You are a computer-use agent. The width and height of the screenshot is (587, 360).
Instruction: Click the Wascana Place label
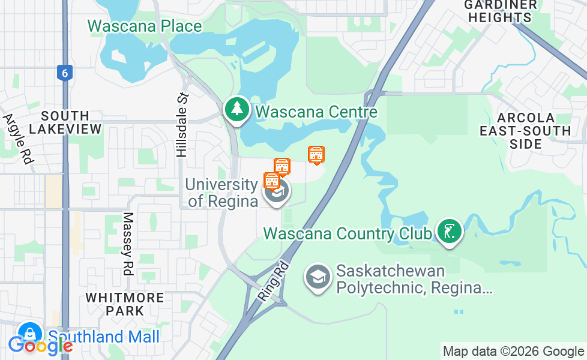(145, 26)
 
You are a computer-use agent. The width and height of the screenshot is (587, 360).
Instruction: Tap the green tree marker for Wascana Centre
(238, 109)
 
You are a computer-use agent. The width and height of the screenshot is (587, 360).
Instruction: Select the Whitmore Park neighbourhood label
(124, 304)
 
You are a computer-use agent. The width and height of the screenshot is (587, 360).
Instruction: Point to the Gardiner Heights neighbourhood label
(500, 11)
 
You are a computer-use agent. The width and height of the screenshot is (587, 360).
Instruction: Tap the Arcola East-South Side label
(517, 130)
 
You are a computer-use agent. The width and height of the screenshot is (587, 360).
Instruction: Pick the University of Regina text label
(222, 193)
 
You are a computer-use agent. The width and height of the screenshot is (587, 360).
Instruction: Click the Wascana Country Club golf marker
(449, 231)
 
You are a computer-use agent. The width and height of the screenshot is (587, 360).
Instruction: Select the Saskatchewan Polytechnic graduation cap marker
(316, 278)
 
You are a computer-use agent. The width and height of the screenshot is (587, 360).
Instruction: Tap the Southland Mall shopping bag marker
(29, 334)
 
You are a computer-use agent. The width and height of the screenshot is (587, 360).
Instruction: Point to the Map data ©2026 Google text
(513, 351)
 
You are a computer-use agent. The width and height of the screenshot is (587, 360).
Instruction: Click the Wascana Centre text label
(316, 112)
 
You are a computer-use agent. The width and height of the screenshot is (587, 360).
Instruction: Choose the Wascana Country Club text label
(348, 233)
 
